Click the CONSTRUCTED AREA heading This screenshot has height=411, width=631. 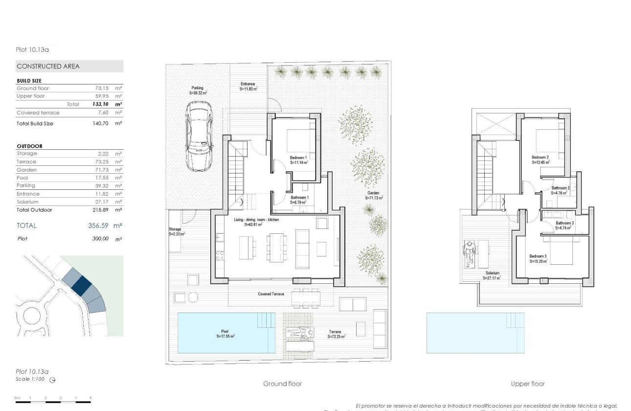[48, 66]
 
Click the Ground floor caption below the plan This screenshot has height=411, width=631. [282, 384]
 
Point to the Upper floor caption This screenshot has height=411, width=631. [528, 384]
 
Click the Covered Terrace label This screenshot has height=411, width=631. [271, 294]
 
